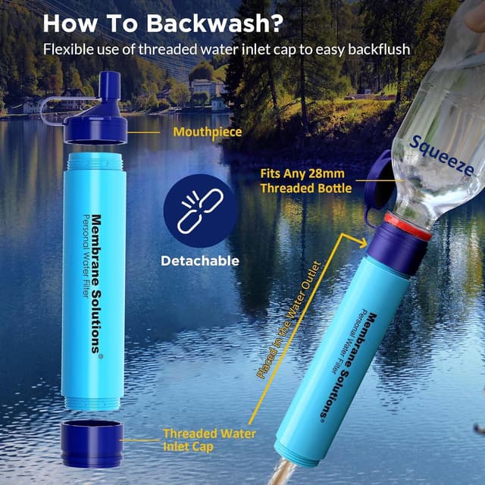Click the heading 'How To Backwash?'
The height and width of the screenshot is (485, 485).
coord(163,22)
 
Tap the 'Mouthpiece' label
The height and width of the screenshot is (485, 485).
coord(208,132)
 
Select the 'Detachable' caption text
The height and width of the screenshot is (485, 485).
coord(200,261)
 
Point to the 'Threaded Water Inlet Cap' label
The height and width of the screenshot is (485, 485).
coord(209,440)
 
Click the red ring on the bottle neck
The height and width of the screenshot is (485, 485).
coord(408,225)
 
